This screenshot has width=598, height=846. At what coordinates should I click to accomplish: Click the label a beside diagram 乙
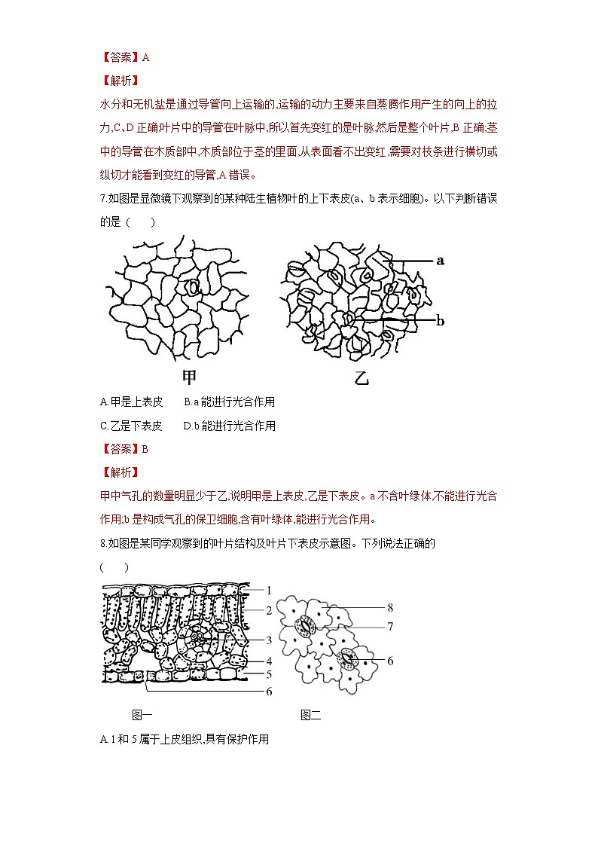click(441, 261)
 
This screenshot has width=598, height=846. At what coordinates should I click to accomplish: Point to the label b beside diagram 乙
click(441, 321)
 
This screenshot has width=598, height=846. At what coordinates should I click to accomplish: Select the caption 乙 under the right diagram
click(362, 377)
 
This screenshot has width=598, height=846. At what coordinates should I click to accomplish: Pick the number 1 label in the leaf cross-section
click(269, 590)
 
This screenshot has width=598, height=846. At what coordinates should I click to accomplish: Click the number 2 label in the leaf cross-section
click(269, 609)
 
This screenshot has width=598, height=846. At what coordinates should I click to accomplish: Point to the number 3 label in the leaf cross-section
click(269, 640)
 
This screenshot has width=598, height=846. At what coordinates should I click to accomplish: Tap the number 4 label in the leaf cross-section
click(269, 661)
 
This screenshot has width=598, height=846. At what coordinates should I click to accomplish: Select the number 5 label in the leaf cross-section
click(269, 674)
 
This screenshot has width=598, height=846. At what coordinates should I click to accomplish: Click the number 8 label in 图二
click(389, 606)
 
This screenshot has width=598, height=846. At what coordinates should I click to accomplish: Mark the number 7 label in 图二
click(389, 626)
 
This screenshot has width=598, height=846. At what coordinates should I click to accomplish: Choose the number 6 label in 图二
click(389, 661)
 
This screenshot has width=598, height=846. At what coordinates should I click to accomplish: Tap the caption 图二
click(311, 715)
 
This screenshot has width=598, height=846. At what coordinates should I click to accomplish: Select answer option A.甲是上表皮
click(131, 402)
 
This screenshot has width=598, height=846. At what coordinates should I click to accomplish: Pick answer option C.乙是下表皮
click(131, 426)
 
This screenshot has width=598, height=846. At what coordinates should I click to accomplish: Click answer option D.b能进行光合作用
click(230, 426)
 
